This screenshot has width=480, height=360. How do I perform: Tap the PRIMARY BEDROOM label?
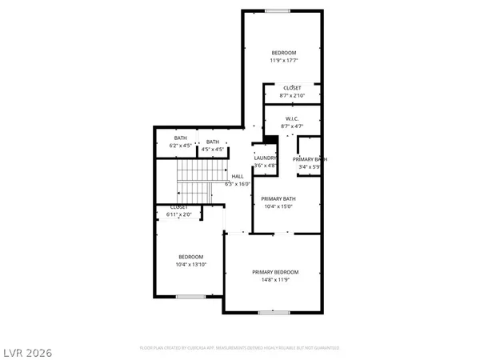click(276, 272)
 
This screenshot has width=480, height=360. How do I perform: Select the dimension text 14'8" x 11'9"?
click(276, 280)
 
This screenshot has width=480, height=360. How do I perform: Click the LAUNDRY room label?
click(265, 158)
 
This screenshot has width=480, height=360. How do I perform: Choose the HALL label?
click(238, 176)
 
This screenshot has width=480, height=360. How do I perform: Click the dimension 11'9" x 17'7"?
click(283, 60)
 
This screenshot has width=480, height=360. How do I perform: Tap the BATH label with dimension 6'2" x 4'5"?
click(181, 138)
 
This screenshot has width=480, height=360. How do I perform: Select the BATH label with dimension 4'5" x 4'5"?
click(212, 142)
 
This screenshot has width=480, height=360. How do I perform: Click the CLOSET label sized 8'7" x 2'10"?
click(292, 87)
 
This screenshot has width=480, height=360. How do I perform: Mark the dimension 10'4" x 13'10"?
click(190, 264)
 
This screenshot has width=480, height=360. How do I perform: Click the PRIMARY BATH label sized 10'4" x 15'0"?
click(278, 198)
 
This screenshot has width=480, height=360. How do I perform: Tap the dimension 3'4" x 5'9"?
click(309, 166)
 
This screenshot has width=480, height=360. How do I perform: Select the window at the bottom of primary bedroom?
click(274, 312)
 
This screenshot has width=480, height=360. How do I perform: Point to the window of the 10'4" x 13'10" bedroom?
click(190, 297)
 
